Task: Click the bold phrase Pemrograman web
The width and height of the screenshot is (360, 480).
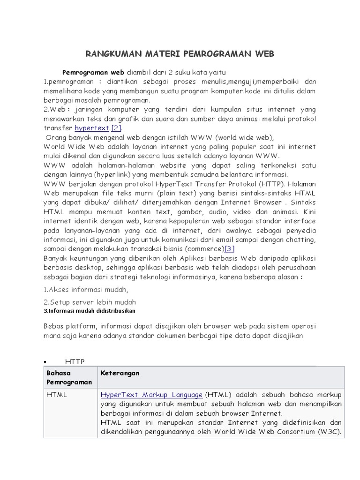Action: (93, 73)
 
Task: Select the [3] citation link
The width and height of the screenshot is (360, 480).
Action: (229, 248)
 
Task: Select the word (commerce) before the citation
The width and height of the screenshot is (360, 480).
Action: (205, 248)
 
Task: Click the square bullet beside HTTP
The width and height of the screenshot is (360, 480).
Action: (44, 361)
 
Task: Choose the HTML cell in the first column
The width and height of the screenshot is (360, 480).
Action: (57, 395)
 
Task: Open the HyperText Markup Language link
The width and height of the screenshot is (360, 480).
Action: (151, 395)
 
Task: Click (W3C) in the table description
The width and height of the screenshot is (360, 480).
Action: (328, 432)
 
